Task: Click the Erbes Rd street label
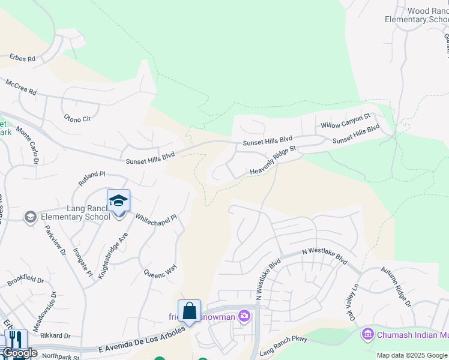point(23,59)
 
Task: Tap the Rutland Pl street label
point(91,178)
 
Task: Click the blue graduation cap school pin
point(118,201)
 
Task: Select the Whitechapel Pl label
point(156,226)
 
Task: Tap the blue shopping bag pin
point(189,311)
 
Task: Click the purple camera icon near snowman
point(244,315)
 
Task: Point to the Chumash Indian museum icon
point(367,334)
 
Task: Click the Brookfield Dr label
point(26,280)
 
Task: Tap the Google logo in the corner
point(20,352)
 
